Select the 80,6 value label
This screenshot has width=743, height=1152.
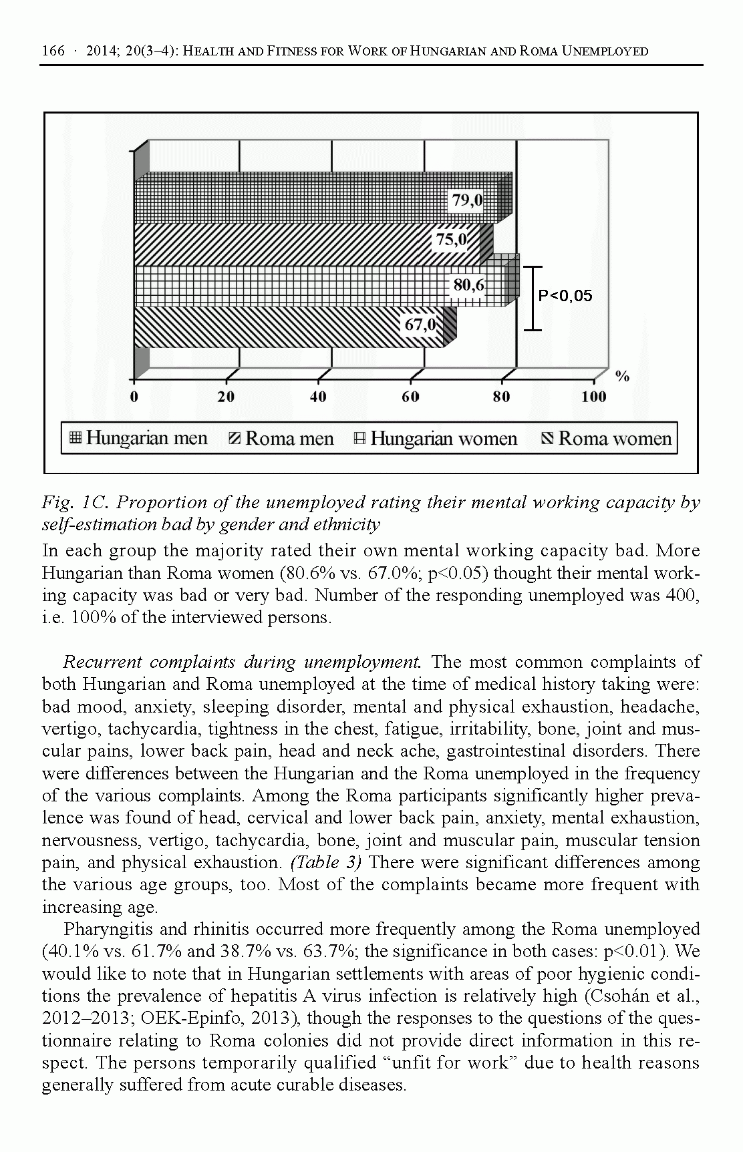(469, 285)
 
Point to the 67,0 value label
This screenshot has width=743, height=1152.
(420, 325)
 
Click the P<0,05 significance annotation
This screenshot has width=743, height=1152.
(565, 296)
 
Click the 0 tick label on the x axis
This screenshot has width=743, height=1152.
(134, 397)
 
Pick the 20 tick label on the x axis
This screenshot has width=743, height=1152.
(227, 397)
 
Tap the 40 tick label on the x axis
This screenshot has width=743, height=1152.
(318, 397)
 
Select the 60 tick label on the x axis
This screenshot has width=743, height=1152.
(410, 397)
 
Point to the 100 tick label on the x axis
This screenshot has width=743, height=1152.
(593, 397)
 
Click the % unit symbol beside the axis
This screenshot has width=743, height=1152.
(622, 377)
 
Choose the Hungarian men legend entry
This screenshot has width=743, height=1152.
(139, 439)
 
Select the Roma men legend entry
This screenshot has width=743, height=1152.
(281, 439)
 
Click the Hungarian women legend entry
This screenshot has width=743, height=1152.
(436, 439)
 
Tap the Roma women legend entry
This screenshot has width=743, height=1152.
(607, 439)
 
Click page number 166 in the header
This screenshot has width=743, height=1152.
(53, 51)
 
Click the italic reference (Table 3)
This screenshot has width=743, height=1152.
(326, 862)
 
